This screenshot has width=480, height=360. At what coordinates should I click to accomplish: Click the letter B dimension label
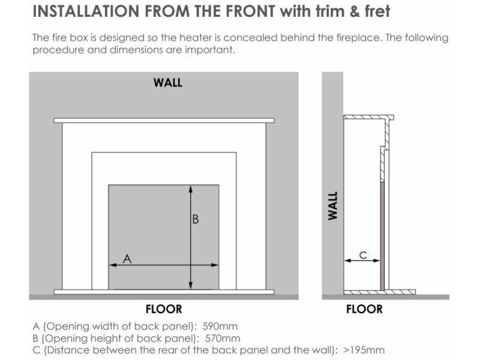pyautogui.click(x=196, y=219)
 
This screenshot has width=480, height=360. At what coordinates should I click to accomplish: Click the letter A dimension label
pyautogui.click(x=127, y=259)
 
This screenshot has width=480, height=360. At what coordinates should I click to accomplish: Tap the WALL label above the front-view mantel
pyautogui.click(x=168, y=83)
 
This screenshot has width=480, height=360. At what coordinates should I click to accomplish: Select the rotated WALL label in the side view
pyautogui.click(x=333, y=206)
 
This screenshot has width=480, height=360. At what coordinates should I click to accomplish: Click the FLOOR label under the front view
pyautogui.click(x=164, y=309)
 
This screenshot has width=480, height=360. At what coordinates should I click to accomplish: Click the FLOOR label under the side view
pyautogui.click(x=364, y=309)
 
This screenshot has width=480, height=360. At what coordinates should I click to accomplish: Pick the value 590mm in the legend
pyautogui.click(x=220, y=326)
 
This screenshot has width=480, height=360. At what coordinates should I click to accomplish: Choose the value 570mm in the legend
pyautogui.click(x=223, y=338)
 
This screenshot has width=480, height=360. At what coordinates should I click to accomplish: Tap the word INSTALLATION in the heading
pyautogui.click(x=86, y=11)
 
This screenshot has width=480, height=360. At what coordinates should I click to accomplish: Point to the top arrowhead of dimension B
pyautogui.click(x=191, y=189)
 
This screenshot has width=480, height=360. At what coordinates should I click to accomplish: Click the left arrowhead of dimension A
pyautogui.click(x=113, y=265)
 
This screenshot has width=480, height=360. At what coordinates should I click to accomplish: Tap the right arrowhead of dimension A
pyautogui.click(x=215, y=265)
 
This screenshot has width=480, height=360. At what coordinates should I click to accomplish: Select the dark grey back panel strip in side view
pyautogui.click(x=382, y=236)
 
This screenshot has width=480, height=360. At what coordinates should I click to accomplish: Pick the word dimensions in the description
pyautogui.click(x=136, y=50)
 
